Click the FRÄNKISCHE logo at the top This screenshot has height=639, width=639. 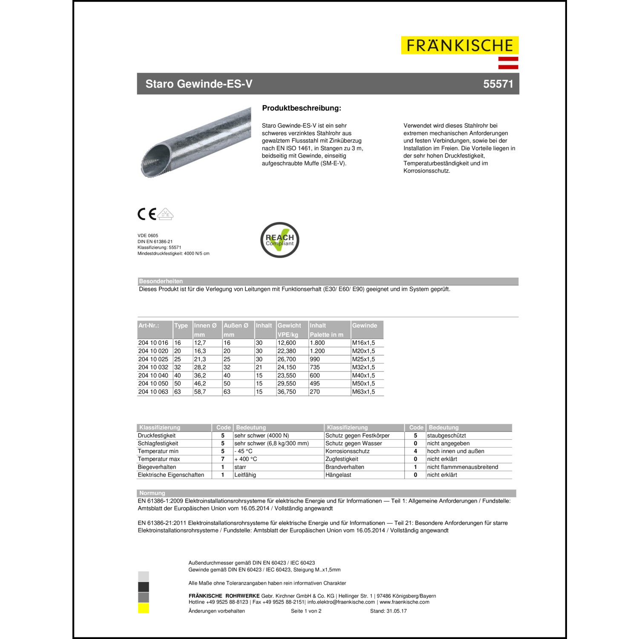coord(459,46)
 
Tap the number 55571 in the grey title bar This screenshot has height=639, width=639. coord(498,84)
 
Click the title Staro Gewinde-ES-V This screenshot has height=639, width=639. coord(199,84)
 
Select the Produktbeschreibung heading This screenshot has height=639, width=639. coord(302,108)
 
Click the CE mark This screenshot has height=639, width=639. coord(147,214)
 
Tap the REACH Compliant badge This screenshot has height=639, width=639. coord(279,240)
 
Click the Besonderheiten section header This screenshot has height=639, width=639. coord(161,281)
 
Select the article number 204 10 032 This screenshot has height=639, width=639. coord(153,367)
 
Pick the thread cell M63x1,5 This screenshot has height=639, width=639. coord(363,392)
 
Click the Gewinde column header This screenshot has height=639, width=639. coord(364,325)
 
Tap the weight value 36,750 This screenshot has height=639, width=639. coord(286,392)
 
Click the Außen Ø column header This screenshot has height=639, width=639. coord(236,325)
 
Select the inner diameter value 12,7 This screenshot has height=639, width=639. coord(200,343)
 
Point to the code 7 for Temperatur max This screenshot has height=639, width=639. coord(222,459)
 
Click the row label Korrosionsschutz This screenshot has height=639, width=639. coord(347,451)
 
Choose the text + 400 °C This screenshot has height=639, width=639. coord(246,459)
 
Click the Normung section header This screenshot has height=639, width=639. coord(152,493)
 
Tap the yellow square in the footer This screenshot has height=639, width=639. coord(144,608)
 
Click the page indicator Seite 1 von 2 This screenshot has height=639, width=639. coord(306,611)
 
